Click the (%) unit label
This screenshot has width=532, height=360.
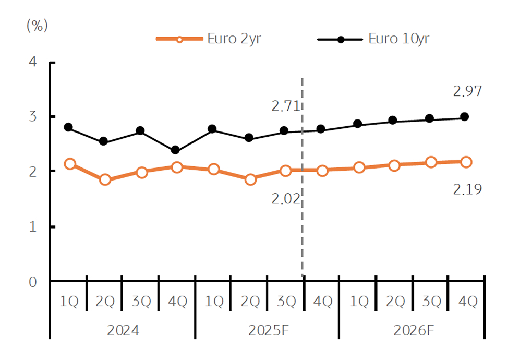[37, 27]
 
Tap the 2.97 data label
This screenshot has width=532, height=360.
[467, 92]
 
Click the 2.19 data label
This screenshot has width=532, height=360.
[467, 189]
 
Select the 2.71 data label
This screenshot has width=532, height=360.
[285, 106]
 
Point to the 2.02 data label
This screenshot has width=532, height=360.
[286, 199]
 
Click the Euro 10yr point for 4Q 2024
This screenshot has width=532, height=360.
[176, 150]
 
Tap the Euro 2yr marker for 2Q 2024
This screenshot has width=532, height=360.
[105, 180]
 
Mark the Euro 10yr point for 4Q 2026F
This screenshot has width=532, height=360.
[464, 117]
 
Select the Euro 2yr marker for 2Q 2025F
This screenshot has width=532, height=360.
[250, 179]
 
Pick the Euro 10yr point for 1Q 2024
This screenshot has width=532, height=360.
[68, 127]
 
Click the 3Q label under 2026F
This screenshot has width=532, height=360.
[431, 302]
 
